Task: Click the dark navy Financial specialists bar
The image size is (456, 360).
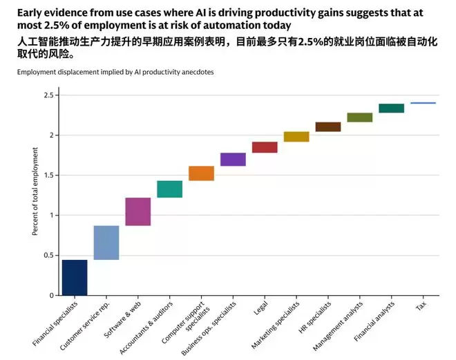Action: click(x=75, y=277)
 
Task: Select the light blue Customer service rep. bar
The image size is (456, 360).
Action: click(x=106, y=243)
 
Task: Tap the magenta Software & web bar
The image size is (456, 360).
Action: click(x=138, y=211)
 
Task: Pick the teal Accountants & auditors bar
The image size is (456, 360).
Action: click(x=170, y=189)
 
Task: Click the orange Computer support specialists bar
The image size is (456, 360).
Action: click(x=201, y=173)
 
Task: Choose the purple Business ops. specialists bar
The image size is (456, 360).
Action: click(x=233, y=159)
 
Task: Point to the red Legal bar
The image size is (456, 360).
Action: click(x=265, y=147)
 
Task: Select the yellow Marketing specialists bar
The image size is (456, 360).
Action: click(x=296, y=136)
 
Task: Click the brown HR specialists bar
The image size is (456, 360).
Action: click(x=328, y=126)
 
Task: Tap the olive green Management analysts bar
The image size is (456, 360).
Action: click(x=360, y=117)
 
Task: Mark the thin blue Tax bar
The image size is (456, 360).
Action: click(x=423, y=103)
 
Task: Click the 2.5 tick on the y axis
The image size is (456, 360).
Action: click(x=47, y=95)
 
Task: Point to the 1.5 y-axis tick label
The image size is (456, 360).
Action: click(x=47, y=175)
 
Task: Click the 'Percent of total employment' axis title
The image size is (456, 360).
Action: click(x=35, y=196)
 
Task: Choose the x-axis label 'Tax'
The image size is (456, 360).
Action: click(x=421, y=306)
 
